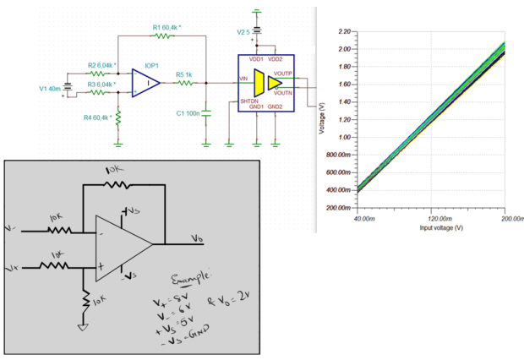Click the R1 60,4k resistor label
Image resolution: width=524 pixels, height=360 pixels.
[167, 28]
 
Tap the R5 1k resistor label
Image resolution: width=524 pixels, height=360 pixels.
[184, 74]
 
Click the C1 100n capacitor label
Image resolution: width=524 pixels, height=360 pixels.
[188, 112]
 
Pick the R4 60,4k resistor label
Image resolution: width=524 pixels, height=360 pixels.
[100, 117]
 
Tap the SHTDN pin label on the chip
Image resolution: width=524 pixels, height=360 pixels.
[249, 101]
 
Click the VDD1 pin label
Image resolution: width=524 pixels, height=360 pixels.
[254, 59]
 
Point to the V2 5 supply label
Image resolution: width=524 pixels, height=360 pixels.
[244, 31]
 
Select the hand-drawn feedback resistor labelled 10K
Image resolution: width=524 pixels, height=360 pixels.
[117, 185]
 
